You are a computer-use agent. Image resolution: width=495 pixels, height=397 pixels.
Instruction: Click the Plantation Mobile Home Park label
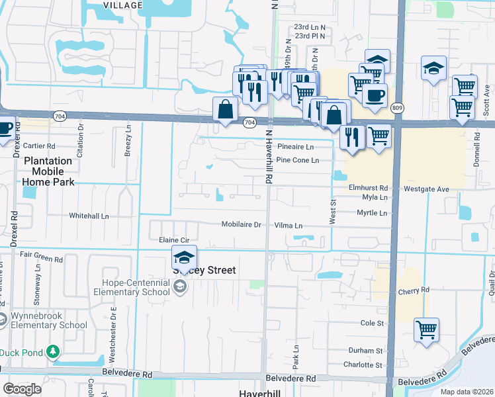(48, 171)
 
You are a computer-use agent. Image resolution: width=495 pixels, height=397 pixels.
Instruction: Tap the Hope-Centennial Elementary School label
(132, 287)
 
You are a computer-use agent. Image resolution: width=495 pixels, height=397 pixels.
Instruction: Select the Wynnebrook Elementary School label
(48, 320)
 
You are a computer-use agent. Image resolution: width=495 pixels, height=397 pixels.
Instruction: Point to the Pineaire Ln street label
(295, 146)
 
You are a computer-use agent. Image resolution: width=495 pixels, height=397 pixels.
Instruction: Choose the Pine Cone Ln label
(297, 160)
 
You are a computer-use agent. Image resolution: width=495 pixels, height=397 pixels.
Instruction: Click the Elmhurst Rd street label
(369, 188)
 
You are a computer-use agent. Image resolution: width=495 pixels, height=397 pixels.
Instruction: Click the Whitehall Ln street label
(89, 216)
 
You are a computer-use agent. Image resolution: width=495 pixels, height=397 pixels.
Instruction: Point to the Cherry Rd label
(414, 290)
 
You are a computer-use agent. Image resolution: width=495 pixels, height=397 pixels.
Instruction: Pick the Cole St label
(372, 323)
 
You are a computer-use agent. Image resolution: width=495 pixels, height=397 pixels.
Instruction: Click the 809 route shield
(396, 107)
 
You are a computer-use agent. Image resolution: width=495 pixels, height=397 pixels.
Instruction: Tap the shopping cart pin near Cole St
(427, 330)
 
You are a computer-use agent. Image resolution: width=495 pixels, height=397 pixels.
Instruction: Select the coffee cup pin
(375, 95)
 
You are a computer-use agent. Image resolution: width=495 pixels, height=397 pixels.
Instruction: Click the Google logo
(22, 389)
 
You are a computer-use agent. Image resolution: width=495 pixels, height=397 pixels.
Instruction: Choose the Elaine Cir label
(174, 240)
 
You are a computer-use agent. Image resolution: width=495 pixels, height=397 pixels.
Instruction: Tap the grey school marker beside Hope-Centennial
(179, 287)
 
